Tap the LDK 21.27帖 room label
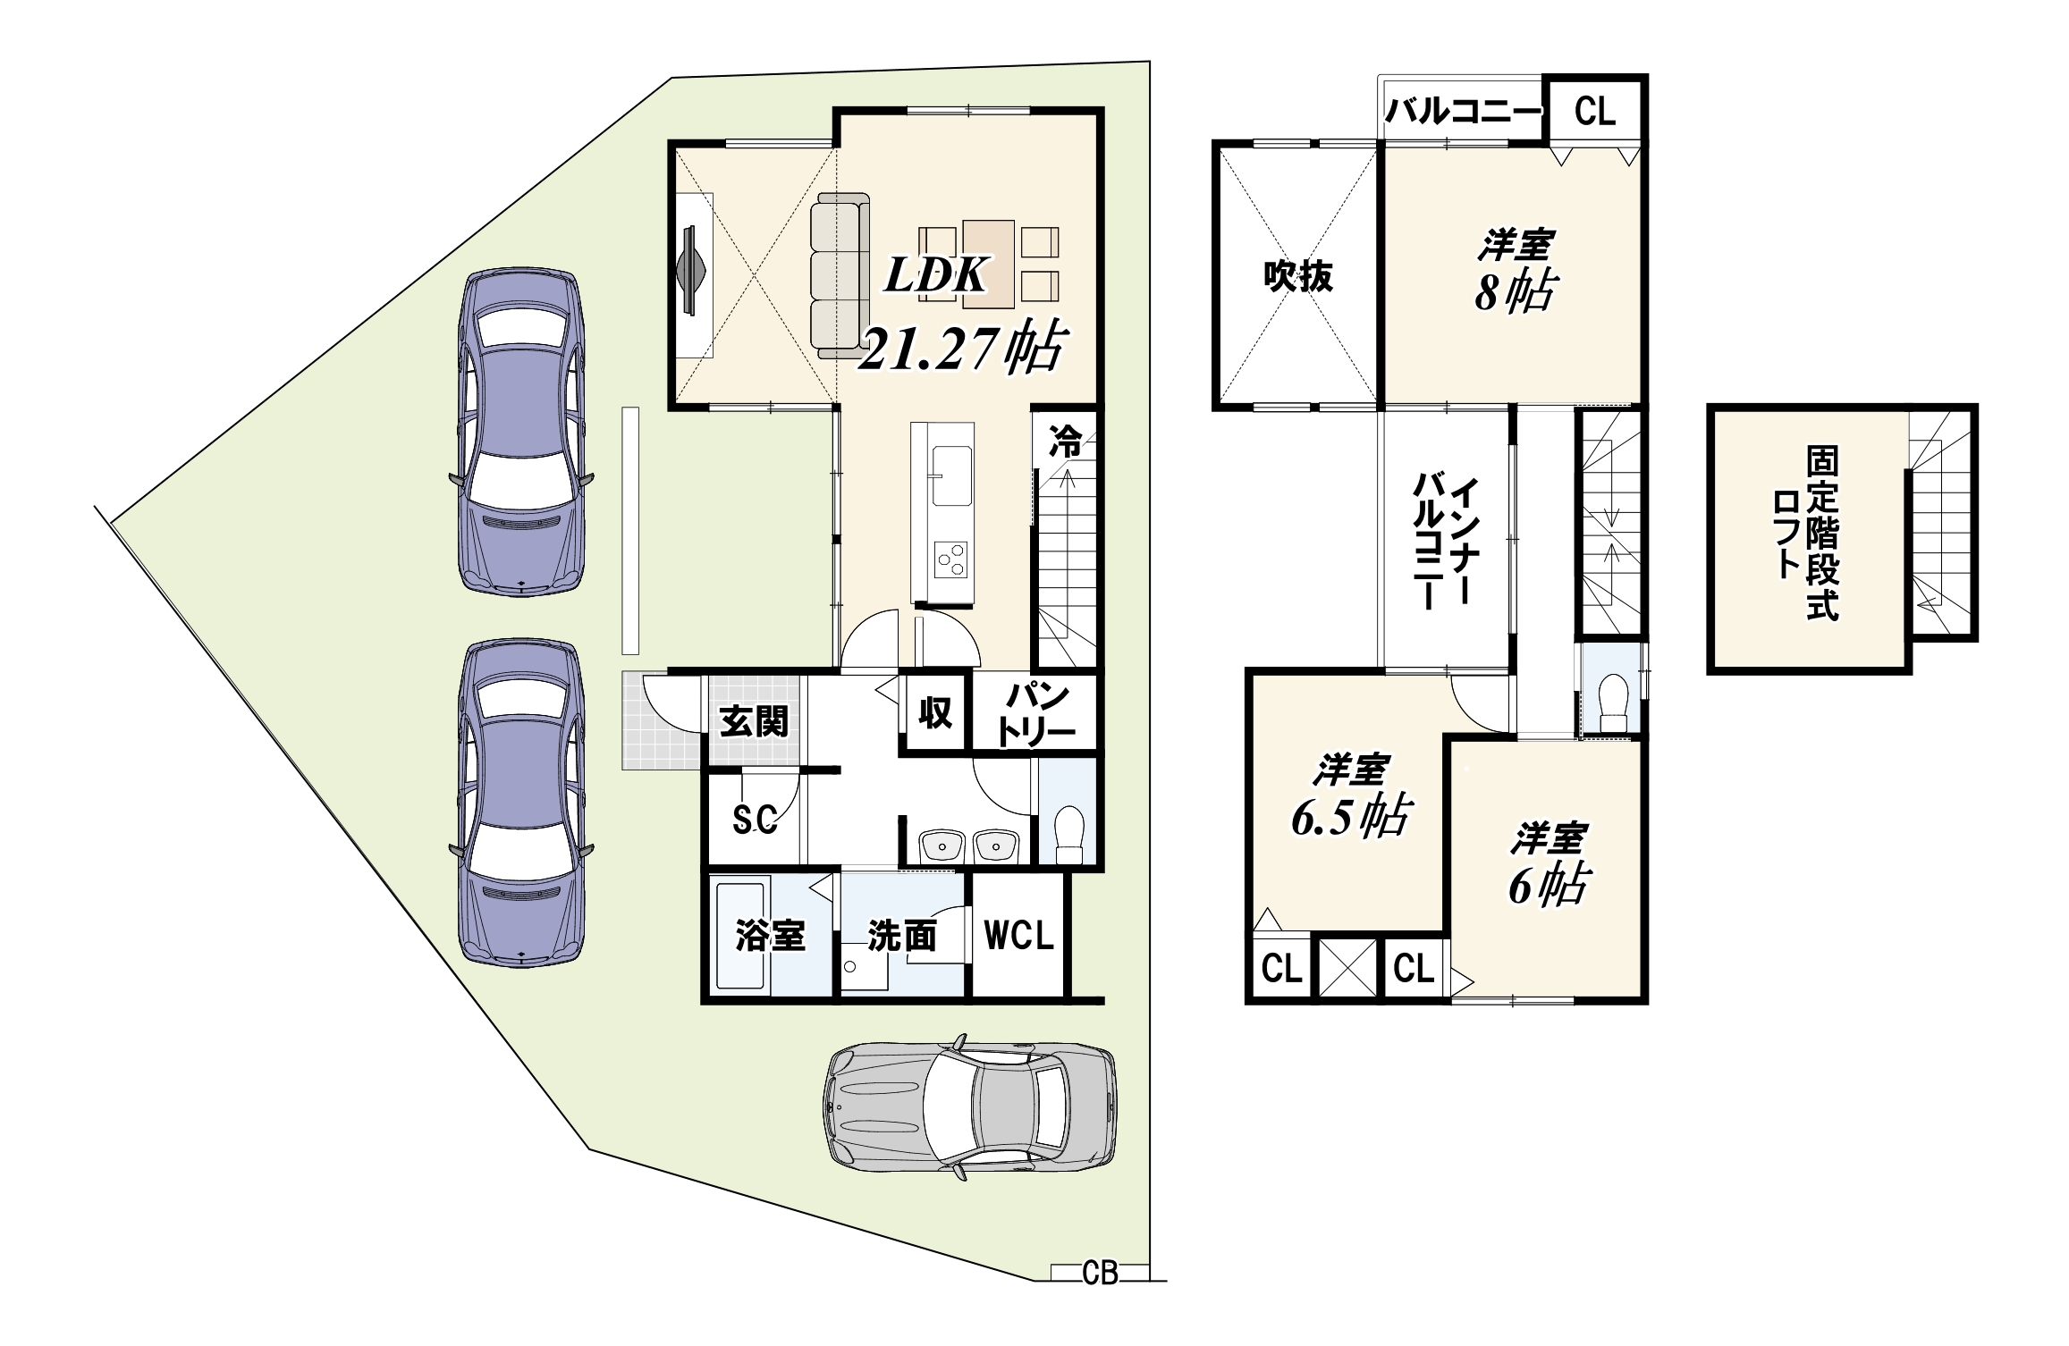click(962, 313)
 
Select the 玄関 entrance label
click(754, 721)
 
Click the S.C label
click(755, 819)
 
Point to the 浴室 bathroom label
click(770, 936)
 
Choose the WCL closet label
click(1018, 936)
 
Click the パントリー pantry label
click(1036, 714)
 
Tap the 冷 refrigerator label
click(1065, 441)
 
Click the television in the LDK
click(691, 270)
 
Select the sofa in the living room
click(840, 275)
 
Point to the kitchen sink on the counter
click(951, 475)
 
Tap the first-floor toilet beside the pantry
click(1069, 833)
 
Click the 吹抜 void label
click(1298, 276)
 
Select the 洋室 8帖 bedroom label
click(1516, 271)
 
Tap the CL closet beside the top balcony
click(1595, 111)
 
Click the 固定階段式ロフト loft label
click(1805, 534)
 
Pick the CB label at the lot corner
click(1100, 1273)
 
